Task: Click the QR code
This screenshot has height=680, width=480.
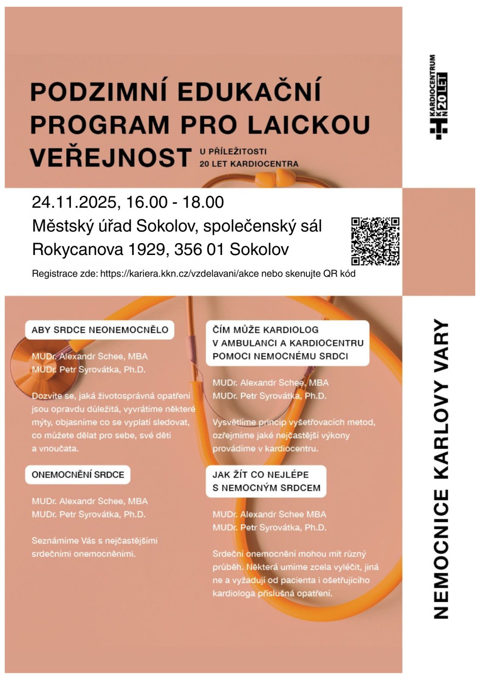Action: point(375,241)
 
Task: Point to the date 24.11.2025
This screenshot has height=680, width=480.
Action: point(74,202)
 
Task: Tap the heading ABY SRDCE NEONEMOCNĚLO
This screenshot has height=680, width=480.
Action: point(100,330)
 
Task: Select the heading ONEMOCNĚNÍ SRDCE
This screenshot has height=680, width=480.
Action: point(78,475)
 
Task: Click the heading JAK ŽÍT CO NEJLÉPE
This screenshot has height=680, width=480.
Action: point(261,475)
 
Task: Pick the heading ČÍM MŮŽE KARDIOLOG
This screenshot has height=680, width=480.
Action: point(265,330)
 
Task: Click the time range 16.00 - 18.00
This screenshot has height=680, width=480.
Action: point(175,202)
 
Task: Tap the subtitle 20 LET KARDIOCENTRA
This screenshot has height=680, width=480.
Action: point(249,164)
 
